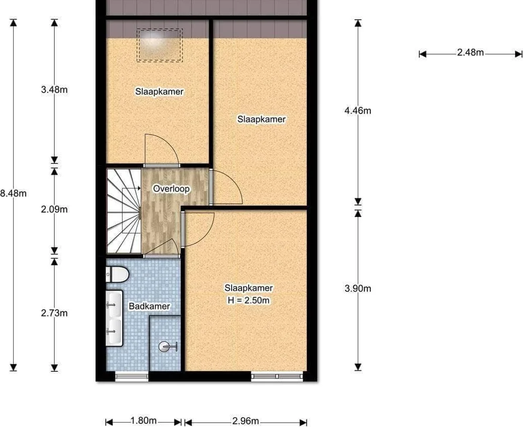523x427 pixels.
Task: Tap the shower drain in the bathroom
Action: tap(164, 347)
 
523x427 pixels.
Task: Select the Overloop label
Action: tap(171, 189)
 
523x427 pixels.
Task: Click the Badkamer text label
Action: tap(149, 306)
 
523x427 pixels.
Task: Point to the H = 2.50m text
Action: tap(249, 300)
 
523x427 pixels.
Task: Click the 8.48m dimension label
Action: tap(13, 193)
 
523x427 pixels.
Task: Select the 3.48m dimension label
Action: tap(54, 90)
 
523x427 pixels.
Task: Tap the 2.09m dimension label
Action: tap(54, 209)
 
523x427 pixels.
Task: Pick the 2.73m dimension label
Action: tap(54, 313)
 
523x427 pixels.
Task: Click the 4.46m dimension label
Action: tap(358, 111)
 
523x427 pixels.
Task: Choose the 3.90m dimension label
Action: tap(358, 288)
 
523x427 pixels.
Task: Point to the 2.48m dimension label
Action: tap(470, 52)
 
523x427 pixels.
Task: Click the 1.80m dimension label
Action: tap(143, 420)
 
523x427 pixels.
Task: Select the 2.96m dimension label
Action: tap(246, 420)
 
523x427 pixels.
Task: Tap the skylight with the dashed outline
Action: tap(159, 45)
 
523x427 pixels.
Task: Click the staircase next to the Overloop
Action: tap(124, 211)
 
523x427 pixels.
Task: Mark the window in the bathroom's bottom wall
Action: tap(132, 376)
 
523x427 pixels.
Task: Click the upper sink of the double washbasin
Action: tap(115, 303)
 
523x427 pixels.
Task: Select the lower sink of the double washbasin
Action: tap(115, 332)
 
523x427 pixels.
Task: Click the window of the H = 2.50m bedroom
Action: tap(277, 376)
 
